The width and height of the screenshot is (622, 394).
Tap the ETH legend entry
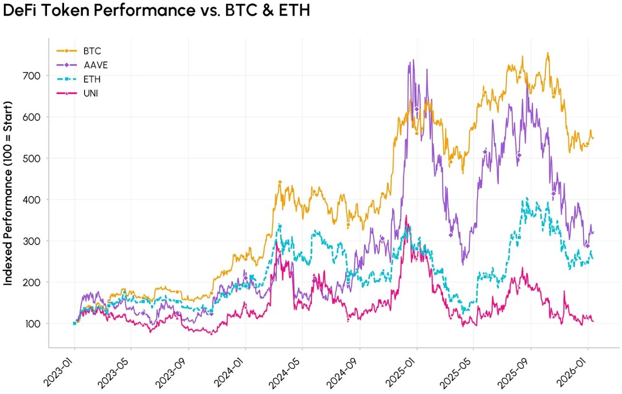(x=92, y=79)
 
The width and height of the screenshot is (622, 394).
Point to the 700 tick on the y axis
(x=33, y=75)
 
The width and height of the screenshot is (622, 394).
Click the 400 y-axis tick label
(x=33, y=199)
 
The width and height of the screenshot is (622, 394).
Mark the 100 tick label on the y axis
(x=33, y=324)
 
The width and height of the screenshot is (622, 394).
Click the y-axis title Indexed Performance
(x=9, y=199)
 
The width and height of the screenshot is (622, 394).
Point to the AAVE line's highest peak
(x=413, y=60)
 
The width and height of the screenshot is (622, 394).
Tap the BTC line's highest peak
(x=548, y=53)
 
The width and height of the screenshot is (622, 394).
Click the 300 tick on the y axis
(x=33, y=241)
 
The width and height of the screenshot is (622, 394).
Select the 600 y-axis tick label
(x=33, y=117)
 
